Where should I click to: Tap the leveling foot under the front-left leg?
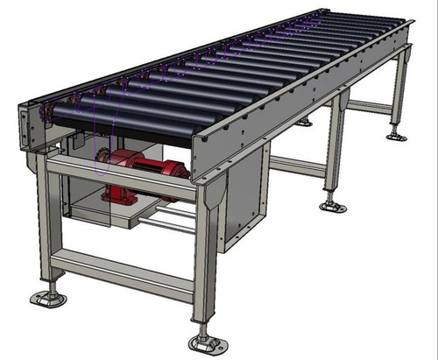47,298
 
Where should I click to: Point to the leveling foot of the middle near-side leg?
332,206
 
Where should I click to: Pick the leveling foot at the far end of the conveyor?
397,136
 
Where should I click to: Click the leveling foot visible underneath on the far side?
303,122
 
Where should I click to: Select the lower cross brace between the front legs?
123,273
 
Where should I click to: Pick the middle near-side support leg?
334,149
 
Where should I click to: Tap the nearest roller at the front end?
123,122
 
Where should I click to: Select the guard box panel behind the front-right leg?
245,201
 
